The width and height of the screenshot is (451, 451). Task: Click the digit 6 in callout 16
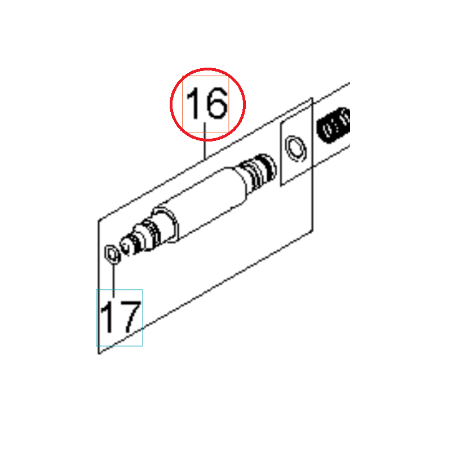215,103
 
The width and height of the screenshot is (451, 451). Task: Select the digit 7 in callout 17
130,317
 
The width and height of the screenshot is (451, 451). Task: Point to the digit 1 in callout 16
193,103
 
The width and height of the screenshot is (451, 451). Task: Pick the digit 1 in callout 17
107,317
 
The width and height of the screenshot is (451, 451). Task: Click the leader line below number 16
205,141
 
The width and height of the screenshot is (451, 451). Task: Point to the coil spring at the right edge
334,125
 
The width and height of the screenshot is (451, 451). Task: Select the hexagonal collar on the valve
165,224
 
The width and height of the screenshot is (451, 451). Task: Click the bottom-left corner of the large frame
99,353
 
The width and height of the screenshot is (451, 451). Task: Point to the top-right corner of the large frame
312,98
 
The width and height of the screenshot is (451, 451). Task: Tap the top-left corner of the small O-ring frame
281,123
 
